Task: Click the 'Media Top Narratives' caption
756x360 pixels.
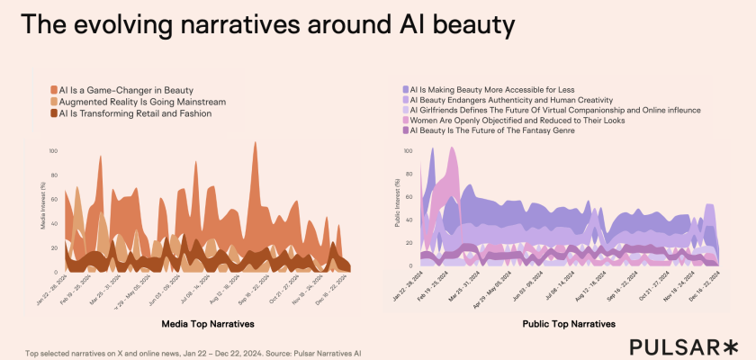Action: click(x=207, y=323)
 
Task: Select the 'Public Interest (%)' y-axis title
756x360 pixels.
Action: click(x=398, y=203)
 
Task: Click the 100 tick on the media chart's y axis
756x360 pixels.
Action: click(x=53, y=151)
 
